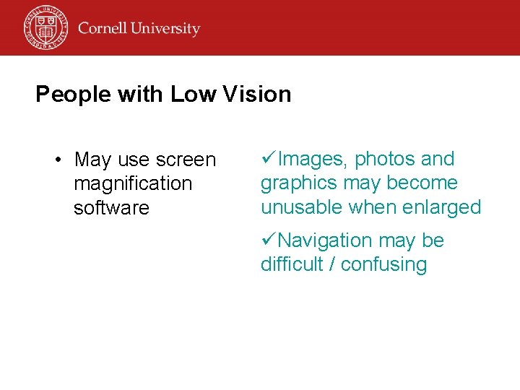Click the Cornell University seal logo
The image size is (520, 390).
(45, 27)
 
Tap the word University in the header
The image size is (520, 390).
(167, 30)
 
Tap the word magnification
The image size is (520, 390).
(133, 183)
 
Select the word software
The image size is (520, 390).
(111, 208)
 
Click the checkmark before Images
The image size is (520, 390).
(268, 158)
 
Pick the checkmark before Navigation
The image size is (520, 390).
(268, 240)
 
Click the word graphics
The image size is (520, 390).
(298, 183)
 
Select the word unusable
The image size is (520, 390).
(301, 207)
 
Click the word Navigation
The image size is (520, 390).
(326, 240)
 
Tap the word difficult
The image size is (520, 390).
(292, 264)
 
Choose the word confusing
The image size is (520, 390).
(383, 265)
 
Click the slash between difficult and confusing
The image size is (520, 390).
(331, 264)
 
